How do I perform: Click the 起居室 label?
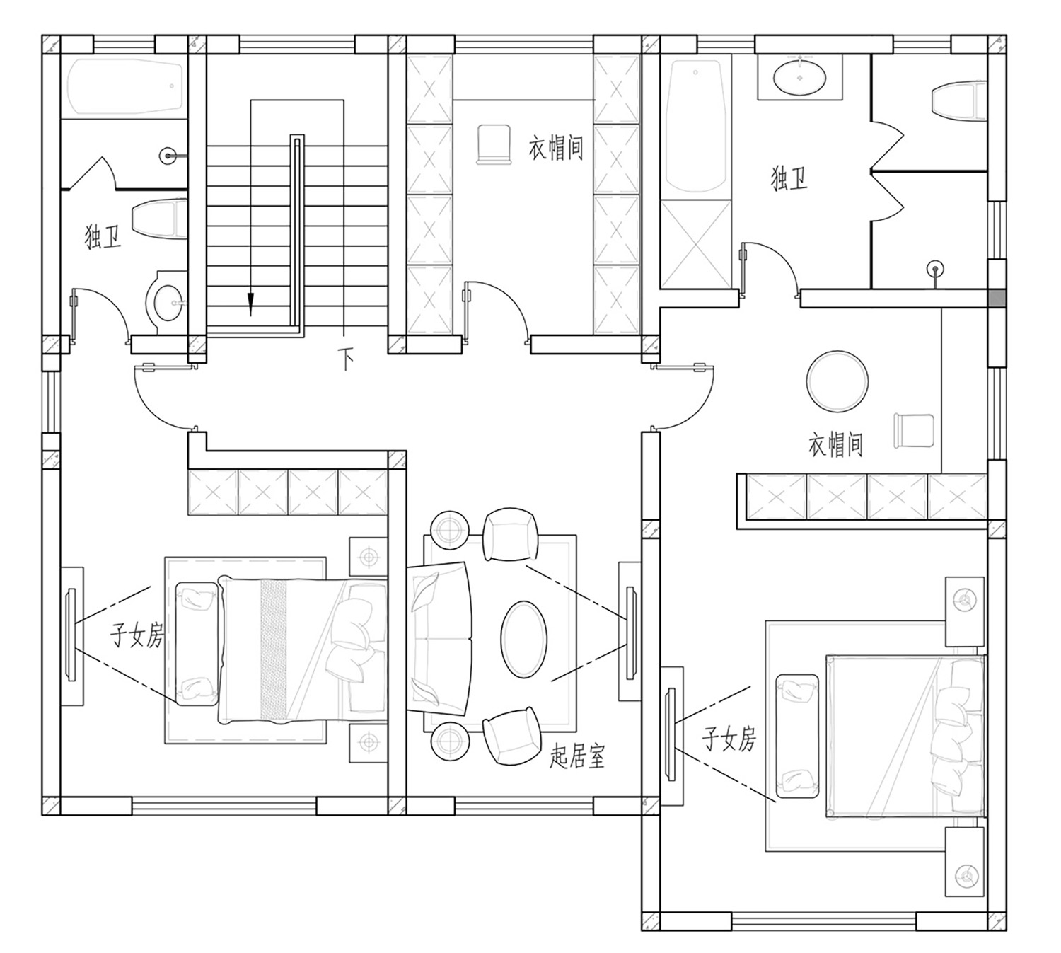click(x=576, y=756)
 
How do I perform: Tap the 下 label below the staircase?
click(x=346, y=359)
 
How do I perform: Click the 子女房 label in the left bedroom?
click(x=137, y=635)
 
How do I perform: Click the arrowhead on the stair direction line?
click(x=251, y=304)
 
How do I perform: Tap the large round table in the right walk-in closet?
click(x=837, y=381)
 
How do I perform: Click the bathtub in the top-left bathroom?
click(x=124, y=87)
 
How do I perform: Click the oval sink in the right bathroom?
click(x=800, y=78)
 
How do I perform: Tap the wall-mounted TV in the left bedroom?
click(x=71, y=635)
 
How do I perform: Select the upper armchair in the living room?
click(x=510, y=535)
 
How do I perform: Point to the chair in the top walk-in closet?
click(x=494, y=144)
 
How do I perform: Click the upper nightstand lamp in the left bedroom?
click(x=369, y=556)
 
